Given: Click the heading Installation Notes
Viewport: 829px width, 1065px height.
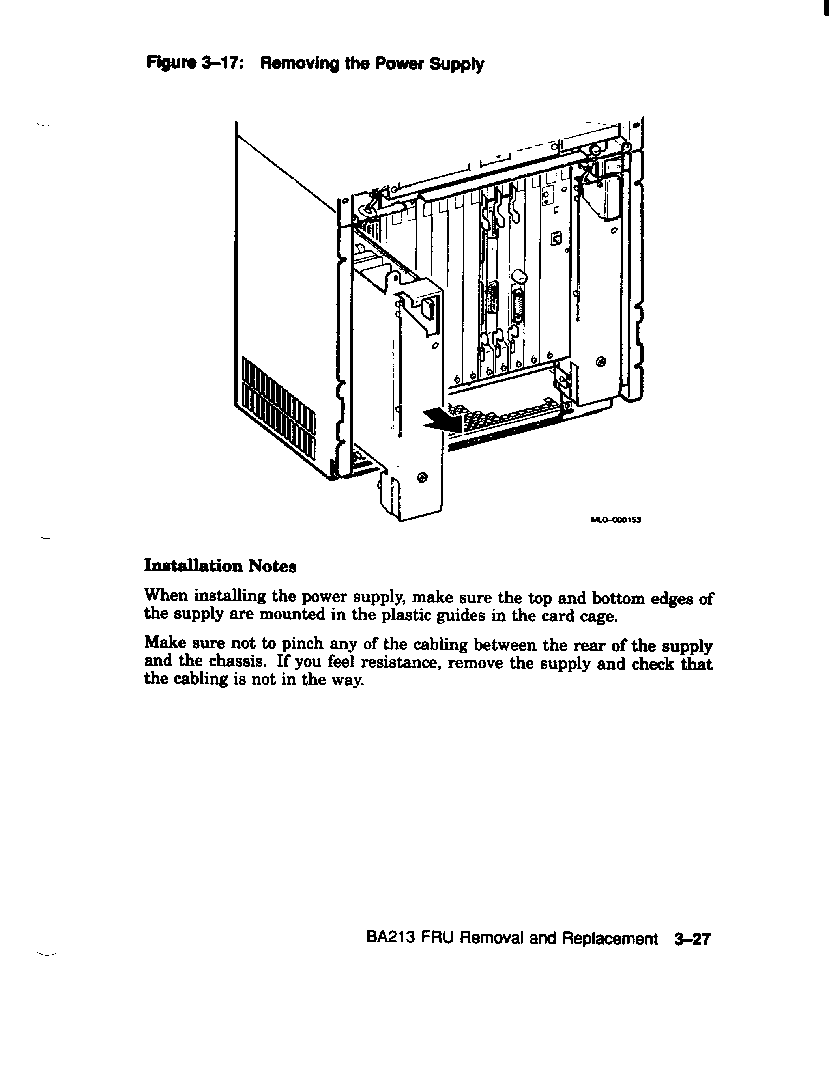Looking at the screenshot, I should pos(220,566).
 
